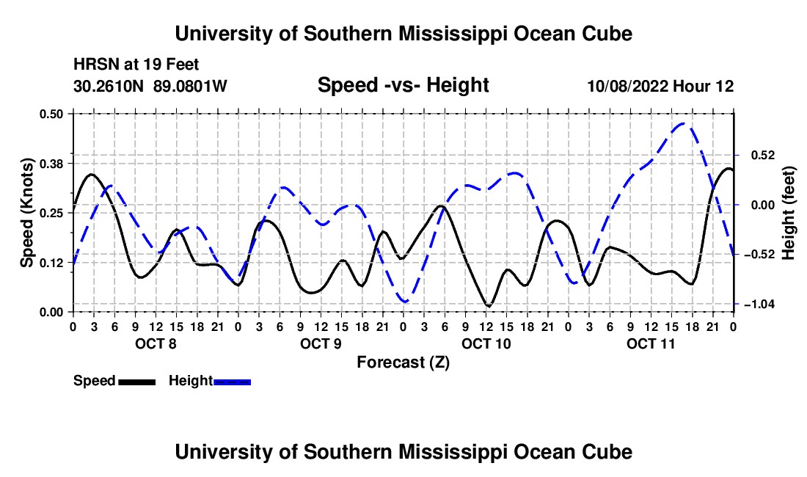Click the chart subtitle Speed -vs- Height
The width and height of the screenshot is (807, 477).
tap(403, 85)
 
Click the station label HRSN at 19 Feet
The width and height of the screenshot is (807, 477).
tap(136, 65)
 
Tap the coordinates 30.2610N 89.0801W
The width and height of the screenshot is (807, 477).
tap(150, 86)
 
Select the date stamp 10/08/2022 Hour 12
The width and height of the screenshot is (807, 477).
tap(660, 86)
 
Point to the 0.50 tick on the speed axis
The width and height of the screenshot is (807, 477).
tap(51, 114)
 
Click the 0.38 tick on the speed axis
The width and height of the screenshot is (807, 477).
tap(51, 164)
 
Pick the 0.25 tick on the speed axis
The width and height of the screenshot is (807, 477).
tap(51, 213)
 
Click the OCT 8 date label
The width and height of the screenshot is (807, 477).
tap(156, 343)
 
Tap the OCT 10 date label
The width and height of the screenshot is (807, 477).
tap(486, 343)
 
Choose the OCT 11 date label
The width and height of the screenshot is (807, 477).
tap(651, 343)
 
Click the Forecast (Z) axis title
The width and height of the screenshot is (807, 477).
tap(403, 363)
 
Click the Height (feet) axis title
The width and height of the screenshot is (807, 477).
tap(788, 213)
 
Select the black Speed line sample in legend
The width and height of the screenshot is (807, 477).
tap(137, 382)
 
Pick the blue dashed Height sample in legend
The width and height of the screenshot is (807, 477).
tap(232, 382)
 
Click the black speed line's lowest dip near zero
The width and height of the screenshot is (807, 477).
tap(489, 306)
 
